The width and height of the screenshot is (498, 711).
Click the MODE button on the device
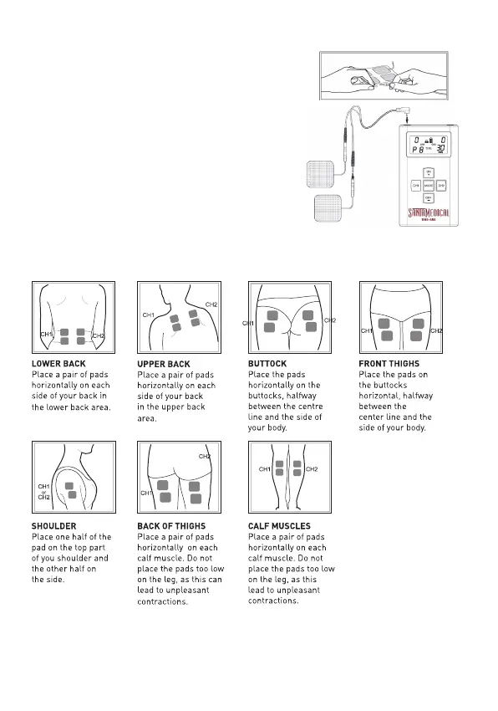coord(428,186)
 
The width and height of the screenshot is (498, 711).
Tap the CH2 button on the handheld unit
coord(441,186)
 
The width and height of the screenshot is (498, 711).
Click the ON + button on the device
coord(428,173)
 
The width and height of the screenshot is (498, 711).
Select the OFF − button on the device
coord(428,198)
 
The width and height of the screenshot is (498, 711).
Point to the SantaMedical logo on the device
coord(429,213)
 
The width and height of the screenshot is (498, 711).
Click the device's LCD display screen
coord(429,145)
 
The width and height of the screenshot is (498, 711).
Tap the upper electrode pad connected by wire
coord(321,174)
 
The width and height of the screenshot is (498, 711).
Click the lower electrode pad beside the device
coord(328,208)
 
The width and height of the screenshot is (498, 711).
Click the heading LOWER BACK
coord(58,364)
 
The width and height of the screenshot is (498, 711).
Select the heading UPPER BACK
coord(164,364)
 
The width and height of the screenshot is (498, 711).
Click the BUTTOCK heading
coord(267,364)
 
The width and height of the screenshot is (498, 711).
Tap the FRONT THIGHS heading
coord(389,364)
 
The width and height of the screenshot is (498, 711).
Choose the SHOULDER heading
coord(54,526)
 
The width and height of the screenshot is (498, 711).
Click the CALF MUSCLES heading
coord(279,526)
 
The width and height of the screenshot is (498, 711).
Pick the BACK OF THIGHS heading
coord(171,526)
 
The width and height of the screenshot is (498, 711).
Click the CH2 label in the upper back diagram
coord(211,304)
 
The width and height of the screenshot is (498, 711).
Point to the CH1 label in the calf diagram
coord(265,469)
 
